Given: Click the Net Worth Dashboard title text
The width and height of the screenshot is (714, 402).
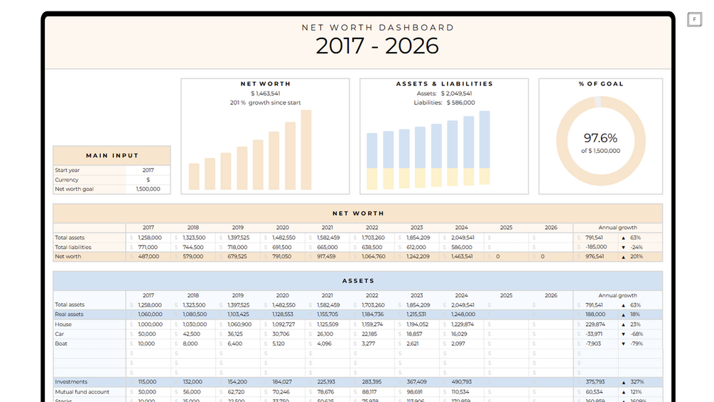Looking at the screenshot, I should coord(377,28).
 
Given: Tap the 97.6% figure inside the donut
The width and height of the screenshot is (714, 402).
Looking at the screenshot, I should coord(600,138).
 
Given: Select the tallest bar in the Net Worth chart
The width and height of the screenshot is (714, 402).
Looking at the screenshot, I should coord(306,149).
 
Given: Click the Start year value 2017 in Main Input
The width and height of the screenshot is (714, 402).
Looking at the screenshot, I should coord(148,171).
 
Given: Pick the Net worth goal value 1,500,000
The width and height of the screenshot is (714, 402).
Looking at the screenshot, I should coord(148,189).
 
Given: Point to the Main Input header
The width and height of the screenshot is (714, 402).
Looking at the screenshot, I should coord(112,155).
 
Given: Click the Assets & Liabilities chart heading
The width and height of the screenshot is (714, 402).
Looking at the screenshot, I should coord(444,84).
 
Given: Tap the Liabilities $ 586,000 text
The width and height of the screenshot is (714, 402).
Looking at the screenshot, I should coord(444,102).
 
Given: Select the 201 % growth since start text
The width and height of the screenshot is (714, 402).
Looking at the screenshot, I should coord(265,102).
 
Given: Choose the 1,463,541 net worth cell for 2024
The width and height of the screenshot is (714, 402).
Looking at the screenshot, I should coord(462,256).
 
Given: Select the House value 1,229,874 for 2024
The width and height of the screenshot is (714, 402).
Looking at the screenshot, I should coord(462,324).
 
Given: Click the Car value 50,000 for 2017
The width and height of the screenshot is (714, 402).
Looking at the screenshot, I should coord(148,334).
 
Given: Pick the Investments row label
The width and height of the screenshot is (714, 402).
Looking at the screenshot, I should coord(71,382).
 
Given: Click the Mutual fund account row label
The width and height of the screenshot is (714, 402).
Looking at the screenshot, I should coord(82,391).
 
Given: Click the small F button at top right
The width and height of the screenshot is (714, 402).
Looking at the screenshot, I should coord(695,19).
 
